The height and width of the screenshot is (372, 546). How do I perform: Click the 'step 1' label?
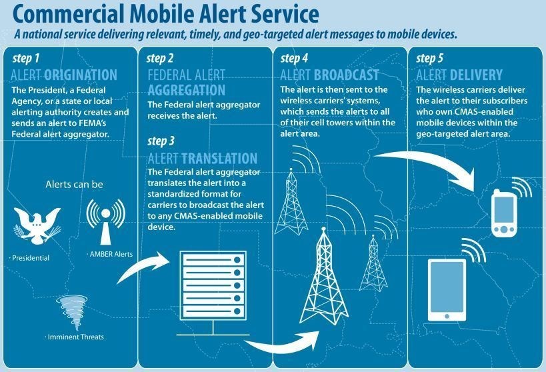(x=26, y=59)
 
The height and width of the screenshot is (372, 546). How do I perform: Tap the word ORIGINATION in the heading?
(x=81, y=75)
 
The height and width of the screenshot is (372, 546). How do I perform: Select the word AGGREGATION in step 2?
(x=186, y=90)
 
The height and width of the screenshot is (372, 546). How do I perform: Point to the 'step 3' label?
(x=161, y=141)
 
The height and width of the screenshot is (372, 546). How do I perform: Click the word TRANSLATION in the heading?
(x=219, y=158)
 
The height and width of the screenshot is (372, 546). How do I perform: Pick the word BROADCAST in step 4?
(x=346, y=75)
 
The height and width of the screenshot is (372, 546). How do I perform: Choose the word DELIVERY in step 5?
(x=476, y=75)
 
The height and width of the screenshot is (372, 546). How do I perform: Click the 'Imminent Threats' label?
(x=75, y=337)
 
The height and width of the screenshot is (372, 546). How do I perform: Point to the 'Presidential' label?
(x=31, y=258)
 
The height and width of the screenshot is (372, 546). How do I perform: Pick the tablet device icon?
(x=447, y=290)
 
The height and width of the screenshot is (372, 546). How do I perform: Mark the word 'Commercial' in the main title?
(x=69, y=14)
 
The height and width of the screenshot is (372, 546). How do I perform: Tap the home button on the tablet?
(x=447, y=316)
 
